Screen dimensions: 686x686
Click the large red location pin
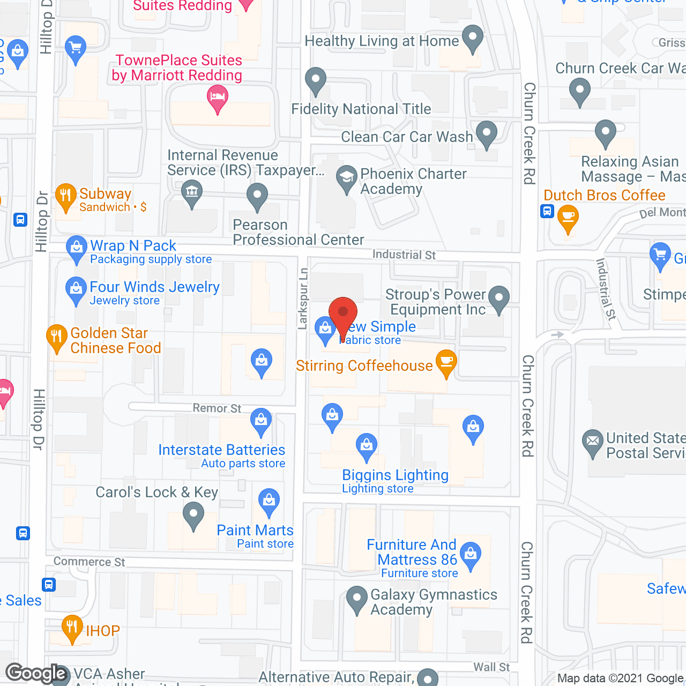pyautogui.click(x=343, y=314)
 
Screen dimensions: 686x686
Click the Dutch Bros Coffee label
pyautogui.click(x=604, y=195)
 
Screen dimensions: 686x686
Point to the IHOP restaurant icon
pyautogui.click(x=72, y=627)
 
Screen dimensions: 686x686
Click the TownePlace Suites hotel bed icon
pyautogui.click(x=218, y=98)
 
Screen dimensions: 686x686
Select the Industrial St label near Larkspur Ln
pyautogui.click(x=404, y=255)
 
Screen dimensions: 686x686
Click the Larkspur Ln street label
pyautogui.click(x=303, y=298)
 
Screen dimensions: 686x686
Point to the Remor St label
pyautogui.click(x=217, y=408)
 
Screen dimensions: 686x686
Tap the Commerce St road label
pyautogui.click(x=89, y=562)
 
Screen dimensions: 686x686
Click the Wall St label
pyautogui.click(x=491, y=667)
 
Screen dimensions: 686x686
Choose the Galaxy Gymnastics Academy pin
pyautogui.click(x=356, y=599)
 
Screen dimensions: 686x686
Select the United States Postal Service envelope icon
pyautogui.click(x=592, y=442)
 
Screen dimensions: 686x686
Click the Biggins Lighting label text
pyautogui.click(x=395, y=475)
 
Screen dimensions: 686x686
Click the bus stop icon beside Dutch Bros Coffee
pyautogui.click(x=547, y=211)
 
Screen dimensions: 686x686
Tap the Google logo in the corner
pyautogui.click(x=36, y=673)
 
